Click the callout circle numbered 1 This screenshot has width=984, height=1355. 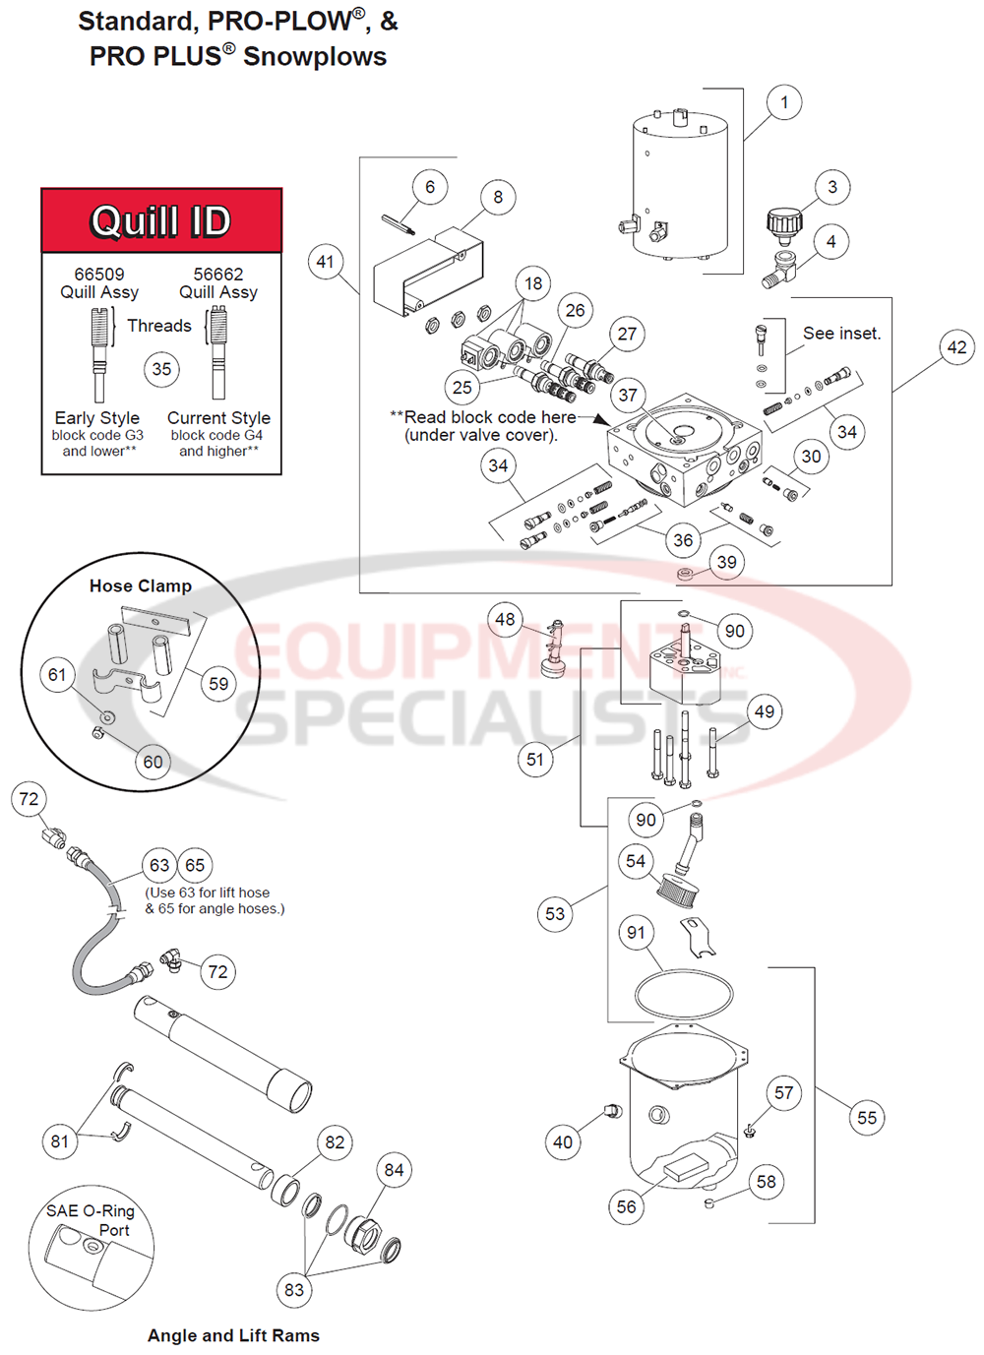[x=784, y=102]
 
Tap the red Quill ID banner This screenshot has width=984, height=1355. [x=161, y=221]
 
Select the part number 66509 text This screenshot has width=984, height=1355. [x=99, y=275]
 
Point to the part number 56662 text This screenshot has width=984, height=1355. [x=218, y=275]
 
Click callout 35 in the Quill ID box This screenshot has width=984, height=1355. [x=161, y=370]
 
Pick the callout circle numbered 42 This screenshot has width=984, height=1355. [x=956, y=347]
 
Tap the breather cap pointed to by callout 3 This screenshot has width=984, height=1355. [x=784, y=224]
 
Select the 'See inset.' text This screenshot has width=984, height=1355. [x=841, y=334]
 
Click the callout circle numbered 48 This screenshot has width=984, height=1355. [x=505, y=620]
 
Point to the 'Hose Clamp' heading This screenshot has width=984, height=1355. [x=141, y=585]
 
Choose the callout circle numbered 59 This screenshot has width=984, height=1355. [x=218, y=684]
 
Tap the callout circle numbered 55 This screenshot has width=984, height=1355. [x=867, y=1118]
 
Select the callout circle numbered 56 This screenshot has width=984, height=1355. [x=627, y=1207]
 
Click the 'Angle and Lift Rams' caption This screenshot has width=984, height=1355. [x=233, y=1335]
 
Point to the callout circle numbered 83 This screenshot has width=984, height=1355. [x=294, y=1290]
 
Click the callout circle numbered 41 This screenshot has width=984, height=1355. [x=326, y=262]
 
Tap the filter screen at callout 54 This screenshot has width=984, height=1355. [x=677, y=890]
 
